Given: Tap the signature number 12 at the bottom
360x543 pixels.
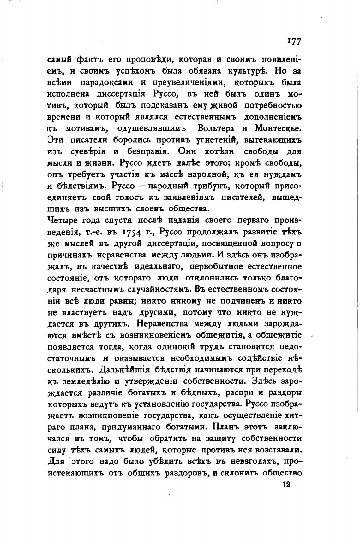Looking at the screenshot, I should [x=286, y=484].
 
